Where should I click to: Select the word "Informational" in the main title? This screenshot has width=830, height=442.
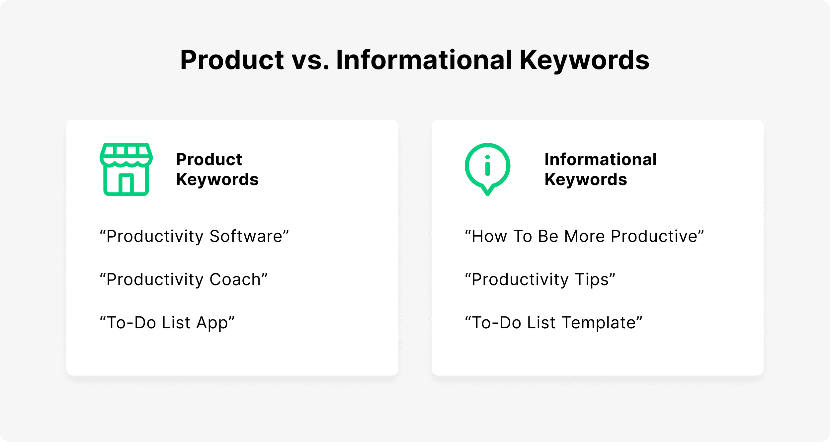pyautogui.click(x=424, y=60)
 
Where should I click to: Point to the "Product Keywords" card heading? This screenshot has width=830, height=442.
pyautogui.click(x=217, y=169)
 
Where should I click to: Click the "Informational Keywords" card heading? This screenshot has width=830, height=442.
pyautogui.click(x=601, y=169)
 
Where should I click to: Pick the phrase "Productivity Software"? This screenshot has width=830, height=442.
pyautogui.click(x=194, y=237)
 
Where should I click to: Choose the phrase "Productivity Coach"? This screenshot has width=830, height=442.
pyautogui.click(x=184, y=280)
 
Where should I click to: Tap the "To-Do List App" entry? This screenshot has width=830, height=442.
pyautogui.click(x=167, y=323)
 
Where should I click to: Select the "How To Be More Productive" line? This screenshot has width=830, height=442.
pyautogui.click(x=584, y=236)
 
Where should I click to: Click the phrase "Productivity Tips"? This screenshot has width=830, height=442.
pyautogui.click(x=540, y=280)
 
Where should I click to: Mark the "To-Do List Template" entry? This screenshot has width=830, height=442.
pyautogui.click(x=554, y=323)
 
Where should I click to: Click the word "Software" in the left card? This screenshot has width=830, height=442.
pyautogui.click(x=246, y=236)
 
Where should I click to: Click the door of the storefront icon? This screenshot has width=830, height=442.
pyautogui.click(x=126, y=183)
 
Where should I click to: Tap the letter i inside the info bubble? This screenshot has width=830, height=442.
pyautogui.click(x=487, y=165)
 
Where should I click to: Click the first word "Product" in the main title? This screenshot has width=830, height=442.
pyautogui.click(x=232, y=60)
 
